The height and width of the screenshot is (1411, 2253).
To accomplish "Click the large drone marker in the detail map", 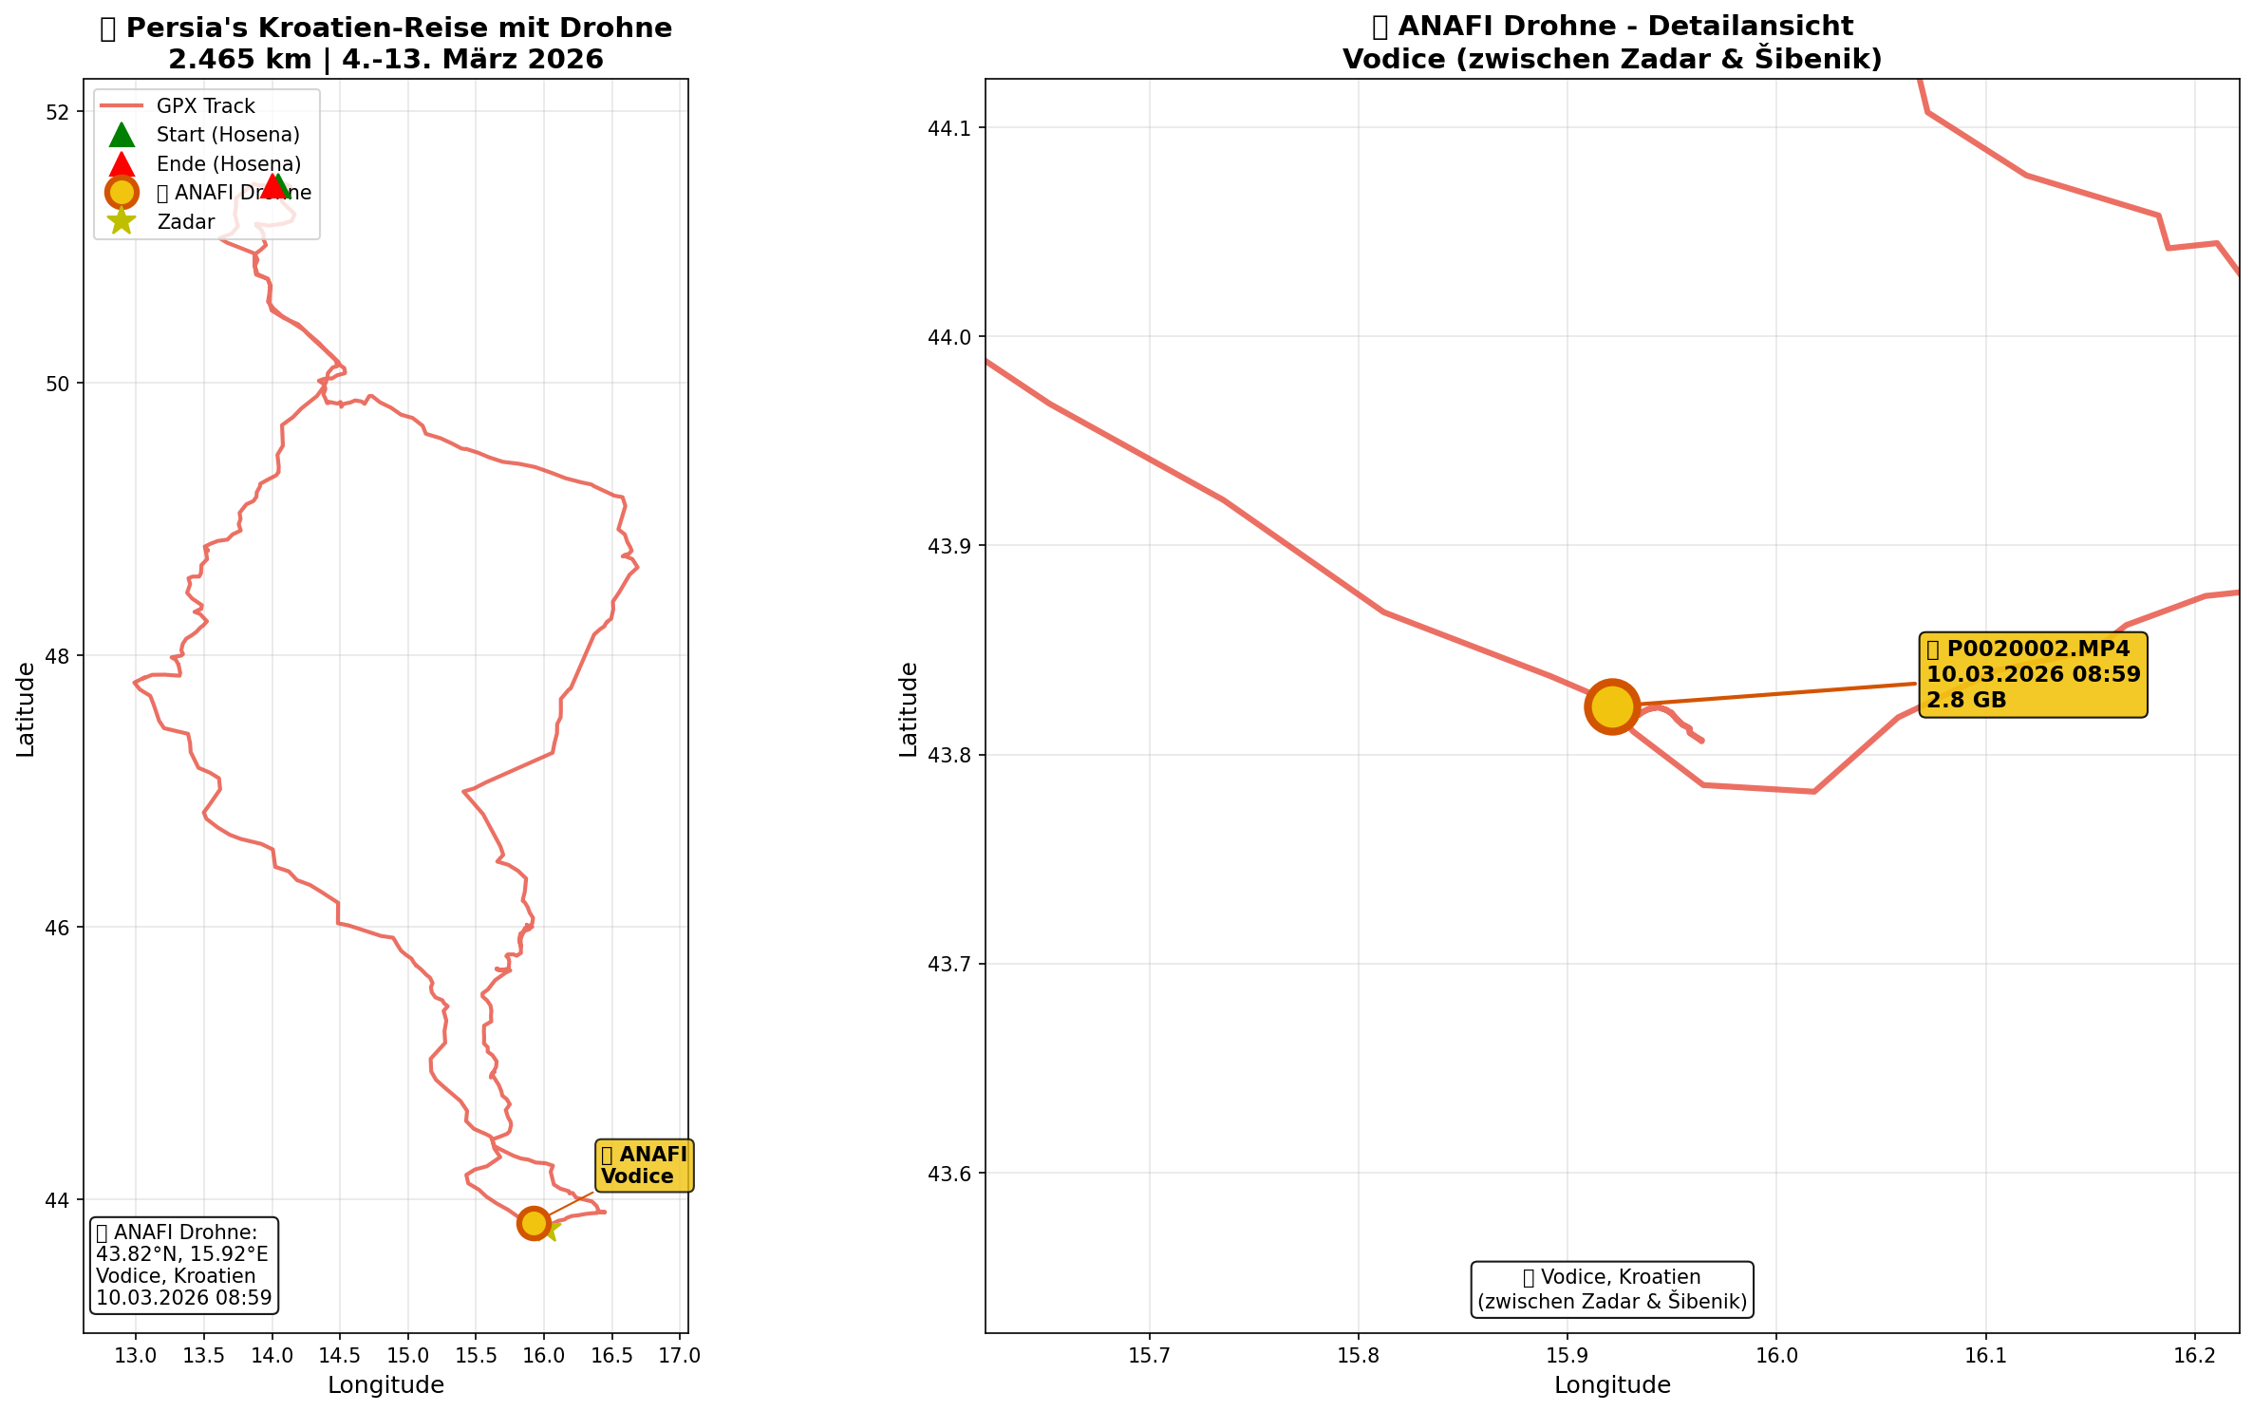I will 1611,706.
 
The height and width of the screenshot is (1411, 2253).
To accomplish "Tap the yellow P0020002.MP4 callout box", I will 2033,675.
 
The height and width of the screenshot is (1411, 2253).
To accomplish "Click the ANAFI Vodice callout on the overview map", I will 644,1165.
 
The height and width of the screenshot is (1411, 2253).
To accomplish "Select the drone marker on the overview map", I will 534,1223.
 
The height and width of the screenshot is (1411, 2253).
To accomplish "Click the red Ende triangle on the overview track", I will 272,186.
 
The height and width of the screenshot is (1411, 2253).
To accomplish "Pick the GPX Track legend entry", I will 205,106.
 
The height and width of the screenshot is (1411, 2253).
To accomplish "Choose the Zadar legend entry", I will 185,222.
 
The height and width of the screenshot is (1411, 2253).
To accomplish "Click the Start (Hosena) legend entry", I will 227,135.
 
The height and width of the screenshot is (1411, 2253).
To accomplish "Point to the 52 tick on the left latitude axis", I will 59,112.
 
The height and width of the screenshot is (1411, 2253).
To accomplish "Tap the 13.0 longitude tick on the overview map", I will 136,1355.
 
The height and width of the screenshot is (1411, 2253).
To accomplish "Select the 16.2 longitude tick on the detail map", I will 2194,1355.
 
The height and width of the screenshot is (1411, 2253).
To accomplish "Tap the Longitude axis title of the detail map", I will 1611,1385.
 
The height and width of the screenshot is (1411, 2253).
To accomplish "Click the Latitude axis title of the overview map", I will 26,709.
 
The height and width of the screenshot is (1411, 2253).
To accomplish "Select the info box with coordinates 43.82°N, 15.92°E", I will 184,1265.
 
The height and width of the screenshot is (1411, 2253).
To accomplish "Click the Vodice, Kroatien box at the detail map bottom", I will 1611,1289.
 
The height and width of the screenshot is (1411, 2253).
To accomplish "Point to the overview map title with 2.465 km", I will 385,44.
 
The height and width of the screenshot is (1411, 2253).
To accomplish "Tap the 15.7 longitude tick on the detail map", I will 1149,1355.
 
